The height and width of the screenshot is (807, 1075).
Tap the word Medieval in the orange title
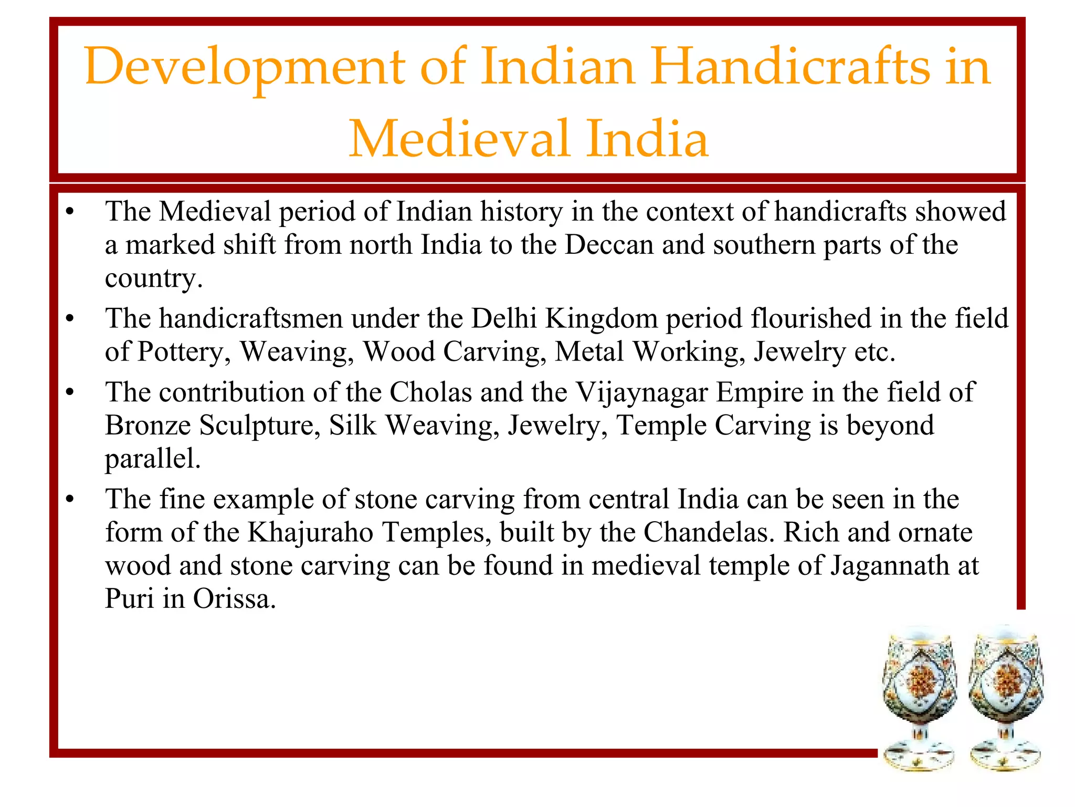coord(459,139)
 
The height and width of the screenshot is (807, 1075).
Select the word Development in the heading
coord(245,67)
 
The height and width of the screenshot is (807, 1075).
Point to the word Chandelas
coord(709,533)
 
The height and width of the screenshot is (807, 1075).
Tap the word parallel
coord(153,459)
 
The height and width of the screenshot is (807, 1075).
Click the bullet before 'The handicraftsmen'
coord(70,319)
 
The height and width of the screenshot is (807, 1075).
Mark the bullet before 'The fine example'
coord(70,500)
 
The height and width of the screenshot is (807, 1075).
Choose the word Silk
coord(353,426)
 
